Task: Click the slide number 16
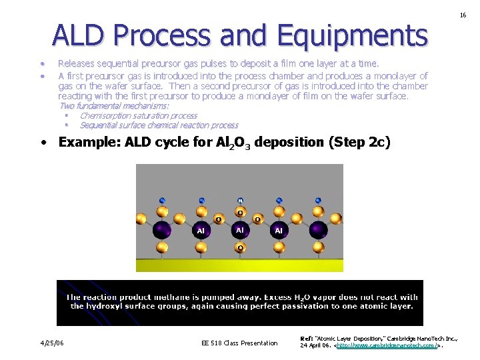point(462,14)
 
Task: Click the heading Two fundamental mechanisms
point(114,106)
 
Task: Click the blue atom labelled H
point(240,200)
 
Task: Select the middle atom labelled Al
point(240,229)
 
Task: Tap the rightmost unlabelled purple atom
point(318,230)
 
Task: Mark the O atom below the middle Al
point(240,248)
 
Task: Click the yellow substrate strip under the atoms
point(239,265)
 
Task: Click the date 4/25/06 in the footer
point(51,343)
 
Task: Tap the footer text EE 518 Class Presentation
point(239,343)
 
